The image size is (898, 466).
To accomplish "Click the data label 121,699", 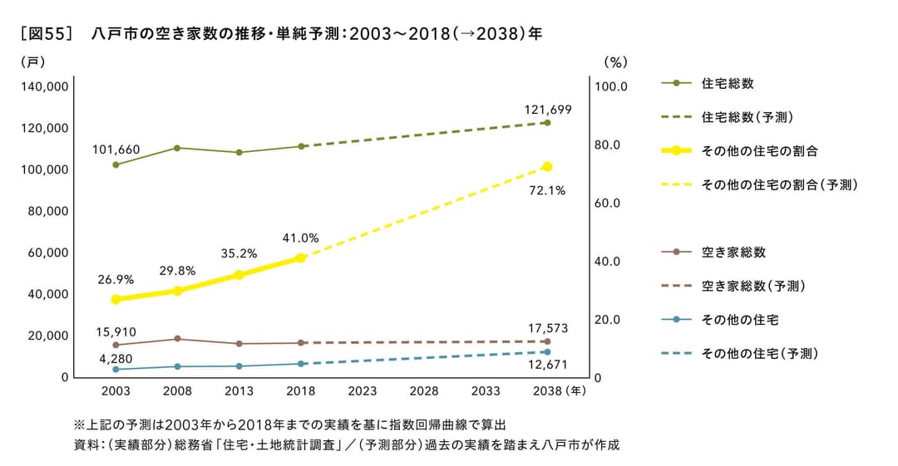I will tap(547, 109).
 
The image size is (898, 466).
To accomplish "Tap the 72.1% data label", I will tap(547, 190).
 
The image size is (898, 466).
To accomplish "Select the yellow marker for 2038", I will tap(547, 167).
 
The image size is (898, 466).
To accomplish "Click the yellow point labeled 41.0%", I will tap(301, 258).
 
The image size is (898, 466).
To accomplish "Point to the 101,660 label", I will tap(116, 150).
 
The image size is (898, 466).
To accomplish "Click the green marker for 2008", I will tap(177, 148).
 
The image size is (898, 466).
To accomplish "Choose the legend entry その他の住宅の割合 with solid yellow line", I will tap(760, 150).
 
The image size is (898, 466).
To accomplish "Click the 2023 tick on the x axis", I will tap(363, 391).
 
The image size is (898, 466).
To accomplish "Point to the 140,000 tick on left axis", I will tap(47, 86).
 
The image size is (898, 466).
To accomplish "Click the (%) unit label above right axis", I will tap(614, 61).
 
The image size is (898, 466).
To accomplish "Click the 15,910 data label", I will tap(116, 331).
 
